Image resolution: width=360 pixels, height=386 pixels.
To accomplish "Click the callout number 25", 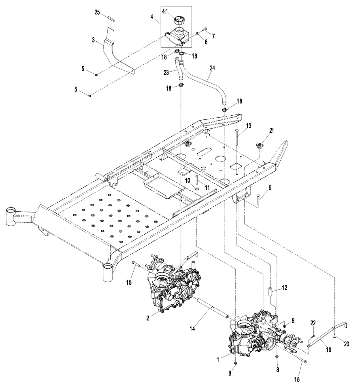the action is [97, 12].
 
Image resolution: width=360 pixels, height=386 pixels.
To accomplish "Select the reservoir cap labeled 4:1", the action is [179, 20].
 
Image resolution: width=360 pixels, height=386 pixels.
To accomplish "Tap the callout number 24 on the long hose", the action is [212, 68].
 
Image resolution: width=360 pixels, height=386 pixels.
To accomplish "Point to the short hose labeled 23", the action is [179, 68].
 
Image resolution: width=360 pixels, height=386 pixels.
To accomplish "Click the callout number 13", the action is [249, 126].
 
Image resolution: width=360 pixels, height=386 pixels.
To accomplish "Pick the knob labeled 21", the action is [259, 146].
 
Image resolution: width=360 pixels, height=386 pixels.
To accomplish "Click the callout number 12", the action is [284, 288].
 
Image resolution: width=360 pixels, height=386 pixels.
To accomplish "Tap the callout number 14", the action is [192, 329].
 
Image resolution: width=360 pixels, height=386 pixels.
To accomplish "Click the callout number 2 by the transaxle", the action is [147, 318].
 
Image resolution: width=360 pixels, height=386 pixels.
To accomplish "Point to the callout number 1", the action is [218, 359].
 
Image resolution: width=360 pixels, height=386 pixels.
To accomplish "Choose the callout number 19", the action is [329, 350].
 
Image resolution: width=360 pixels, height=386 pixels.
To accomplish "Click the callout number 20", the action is [347, 344].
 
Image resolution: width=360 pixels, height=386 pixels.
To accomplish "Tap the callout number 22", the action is [313, 323].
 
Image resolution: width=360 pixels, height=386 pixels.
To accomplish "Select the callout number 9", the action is [270, 188].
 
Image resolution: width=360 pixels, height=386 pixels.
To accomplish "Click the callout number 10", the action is [187, 181].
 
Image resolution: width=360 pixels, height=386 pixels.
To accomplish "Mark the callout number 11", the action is [207, 187].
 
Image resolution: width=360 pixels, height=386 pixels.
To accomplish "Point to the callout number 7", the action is [213, 36].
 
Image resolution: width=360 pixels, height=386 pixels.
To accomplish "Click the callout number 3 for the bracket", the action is [93, 40].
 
